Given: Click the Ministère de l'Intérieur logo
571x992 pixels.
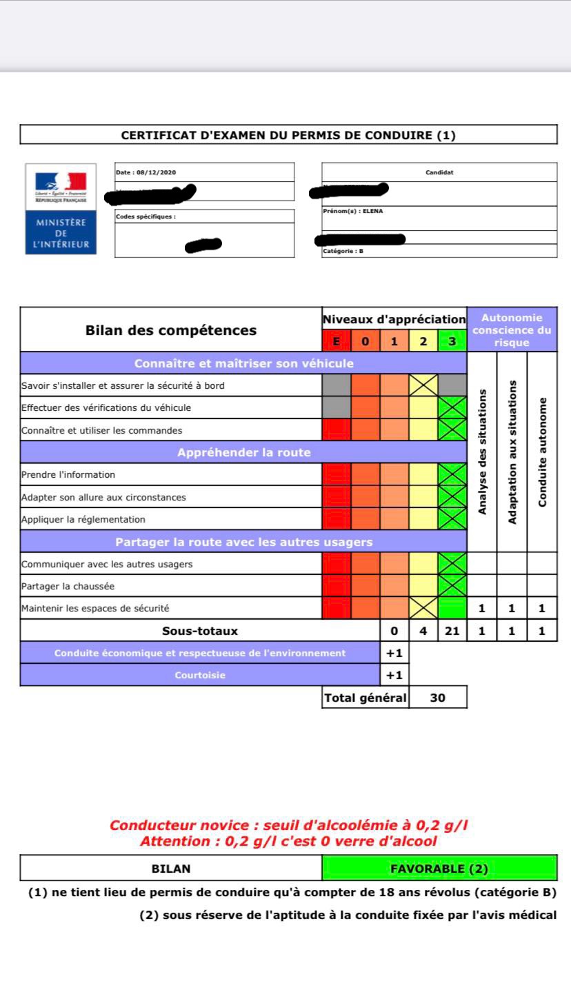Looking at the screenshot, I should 61,209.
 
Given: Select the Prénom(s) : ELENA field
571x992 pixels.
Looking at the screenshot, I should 352,212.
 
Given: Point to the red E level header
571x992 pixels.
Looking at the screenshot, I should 337,341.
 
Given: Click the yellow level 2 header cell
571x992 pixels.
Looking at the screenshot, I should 423,341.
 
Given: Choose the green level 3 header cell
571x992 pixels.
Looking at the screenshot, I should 452,341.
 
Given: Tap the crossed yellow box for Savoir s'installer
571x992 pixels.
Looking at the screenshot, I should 423,385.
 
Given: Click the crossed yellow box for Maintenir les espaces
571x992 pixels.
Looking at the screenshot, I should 423,608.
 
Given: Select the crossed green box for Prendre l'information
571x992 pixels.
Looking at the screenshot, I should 452,474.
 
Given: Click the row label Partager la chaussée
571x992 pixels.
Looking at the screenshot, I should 68,586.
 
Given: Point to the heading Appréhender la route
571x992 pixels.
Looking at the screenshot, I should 243,452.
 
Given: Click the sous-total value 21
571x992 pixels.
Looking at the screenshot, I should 452,631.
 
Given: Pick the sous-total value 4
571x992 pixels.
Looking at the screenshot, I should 423,631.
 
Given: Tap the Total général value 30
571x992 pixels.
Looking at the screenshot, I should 438,698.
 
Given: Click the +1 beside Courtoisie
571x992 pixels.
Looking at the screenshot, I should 394,676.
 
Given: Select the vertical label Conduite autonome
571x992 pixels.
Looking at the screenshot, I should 543,452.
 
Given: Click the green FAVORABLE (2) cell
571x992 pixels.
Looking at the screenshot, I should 439,869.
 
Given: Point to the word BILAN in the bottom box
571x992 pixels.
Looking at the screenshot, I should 171,869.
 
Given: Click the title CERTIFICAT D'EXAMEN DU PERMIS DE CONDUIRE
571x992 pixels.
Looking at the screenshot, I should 288,135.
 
